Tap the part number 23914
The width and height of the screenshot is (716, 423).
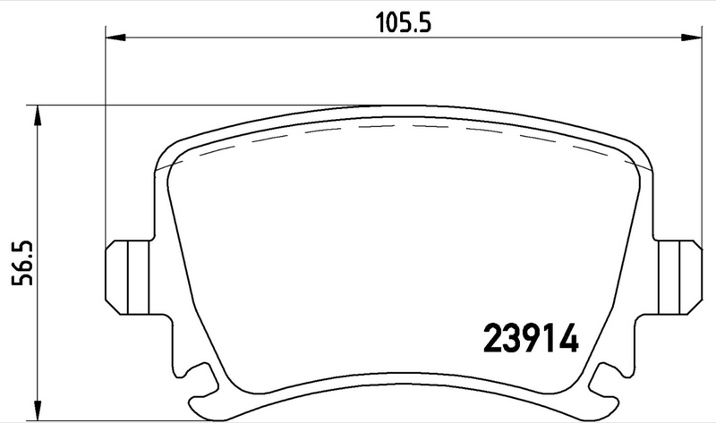532,339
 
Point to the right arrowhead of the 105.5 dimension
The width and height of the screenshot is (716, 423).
695,38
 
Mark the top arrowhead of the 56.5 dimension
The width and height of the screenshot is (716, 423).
36,111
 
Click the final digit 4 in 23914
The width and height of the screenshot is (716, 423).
570,339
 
